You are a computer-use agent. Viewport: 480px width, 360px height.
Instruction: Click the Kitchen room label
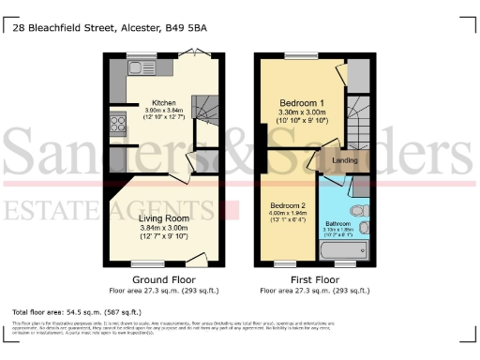[x=152, y=103]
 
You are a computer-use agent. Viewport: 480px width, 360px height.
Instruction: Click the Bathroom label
[x=338, y=224]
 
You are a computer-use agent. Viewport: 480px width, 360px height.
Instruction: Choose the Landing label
[x=343, y=160]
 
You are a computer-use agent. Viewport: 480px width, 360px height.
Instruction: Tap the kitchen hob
[x=119, y=124]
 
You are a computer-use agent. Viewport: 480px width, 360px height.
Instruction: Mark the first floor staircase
[x=358, y=117]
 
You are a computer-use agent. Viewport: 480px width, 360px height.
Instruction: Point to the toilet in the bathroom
[x=357, y=212]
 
